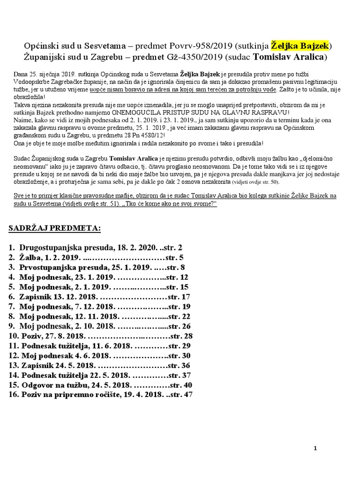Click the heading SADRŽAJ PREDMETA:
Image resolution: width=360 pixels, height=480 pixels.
[x=55, y=228]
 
